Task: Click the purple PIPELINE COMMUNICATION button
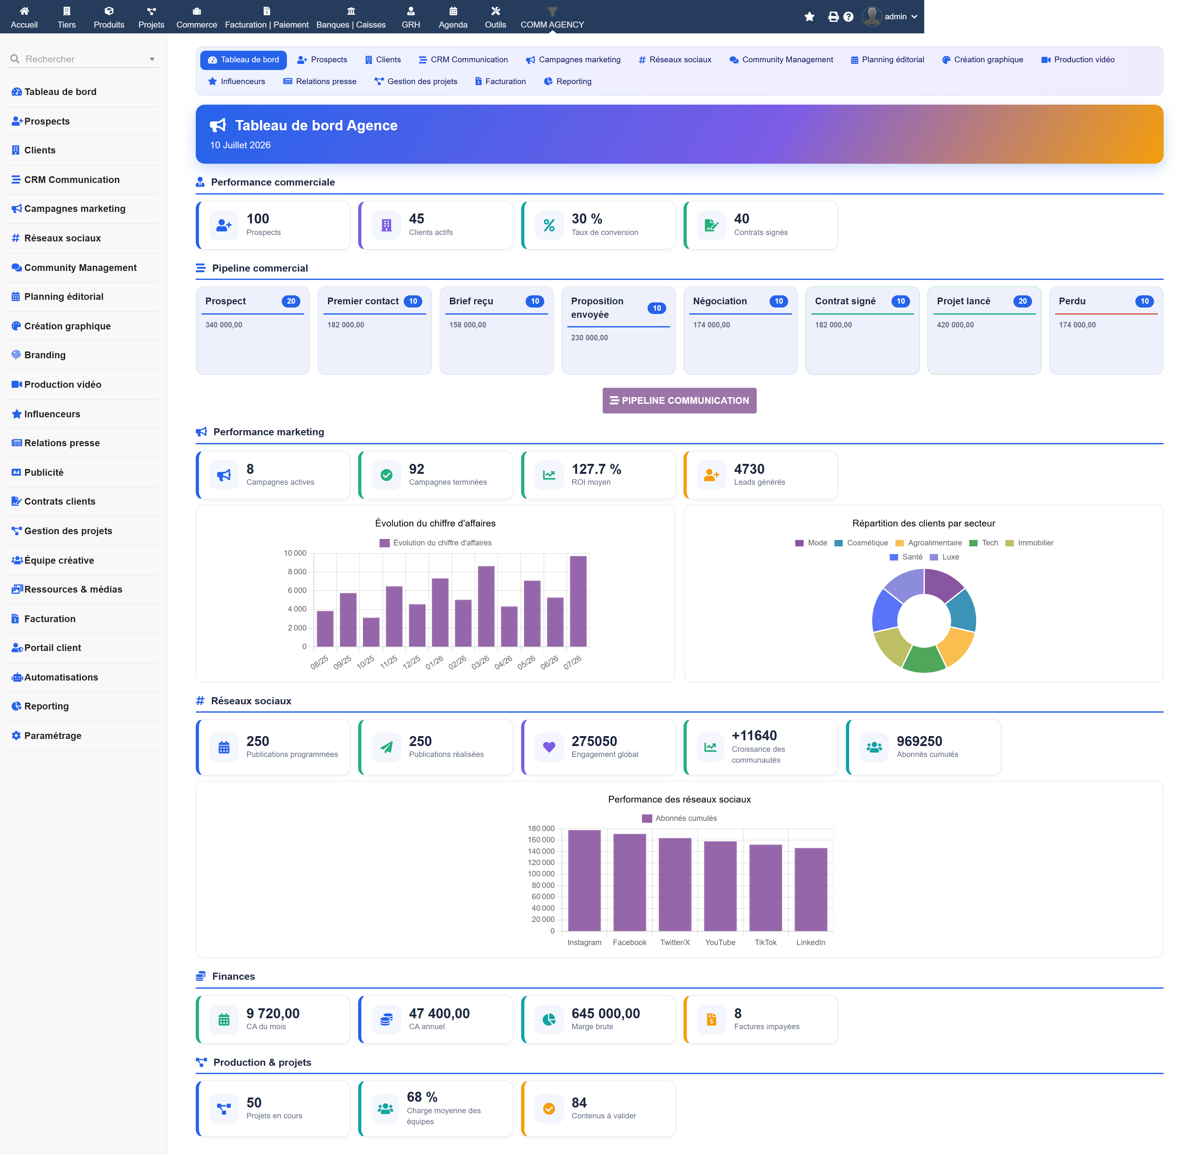coord(679,400)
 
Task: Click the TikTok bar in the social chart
coord(765,888)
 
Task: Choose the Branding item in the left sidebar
coord(45,355)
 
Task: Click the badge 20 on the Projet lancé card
coord(1022,301)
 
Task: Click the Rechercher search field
coord(83,59)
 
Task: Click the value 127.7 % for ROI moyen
coord(596,469)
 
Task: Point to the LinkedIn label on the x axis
coord(811,942)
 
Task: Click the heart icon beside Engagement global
coord(549,747)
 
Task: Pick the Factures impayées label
coord(767,1026)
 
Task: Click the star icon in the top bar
coord(809,16)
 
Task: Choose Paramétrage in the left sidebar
coord(53,735)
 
